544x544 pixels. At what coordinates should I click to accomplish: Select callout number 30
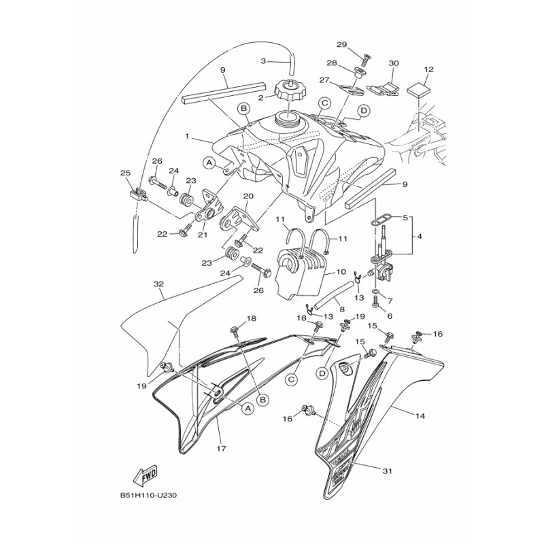393,63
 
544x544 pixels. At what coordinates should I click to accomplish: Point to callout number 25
124,173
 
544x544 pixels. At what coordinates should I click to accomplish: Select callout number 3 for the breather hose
264,61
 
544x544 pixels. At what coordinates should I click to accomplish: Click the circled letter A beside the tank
209,163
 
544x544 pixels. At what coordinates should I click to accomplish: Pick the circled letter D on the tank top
364,110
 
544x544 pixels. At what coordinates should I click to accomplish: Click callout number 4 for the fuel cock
419,237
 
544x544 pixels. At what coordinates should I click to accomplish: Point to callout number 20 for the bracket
248,197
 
